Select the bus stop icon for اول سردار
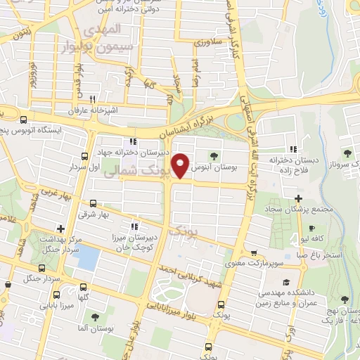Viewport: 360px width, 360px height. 85,157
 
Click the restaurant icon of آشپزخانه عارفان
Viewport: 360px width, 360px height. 103,99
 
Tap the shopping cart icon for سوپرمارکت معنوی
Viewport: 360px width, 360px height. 254,254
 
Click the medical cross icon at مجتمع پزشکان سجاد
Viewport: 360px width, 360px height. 300,199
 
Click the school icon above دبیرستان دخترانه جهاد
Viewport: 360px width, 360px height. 133,142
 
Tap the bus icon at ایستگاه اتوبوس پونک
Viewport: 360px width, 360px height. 25,120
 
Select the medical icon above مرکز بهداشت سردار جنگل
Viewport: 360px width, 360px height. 61,229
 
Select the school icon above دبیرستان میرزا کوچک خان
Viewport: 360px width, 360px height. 135,226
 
